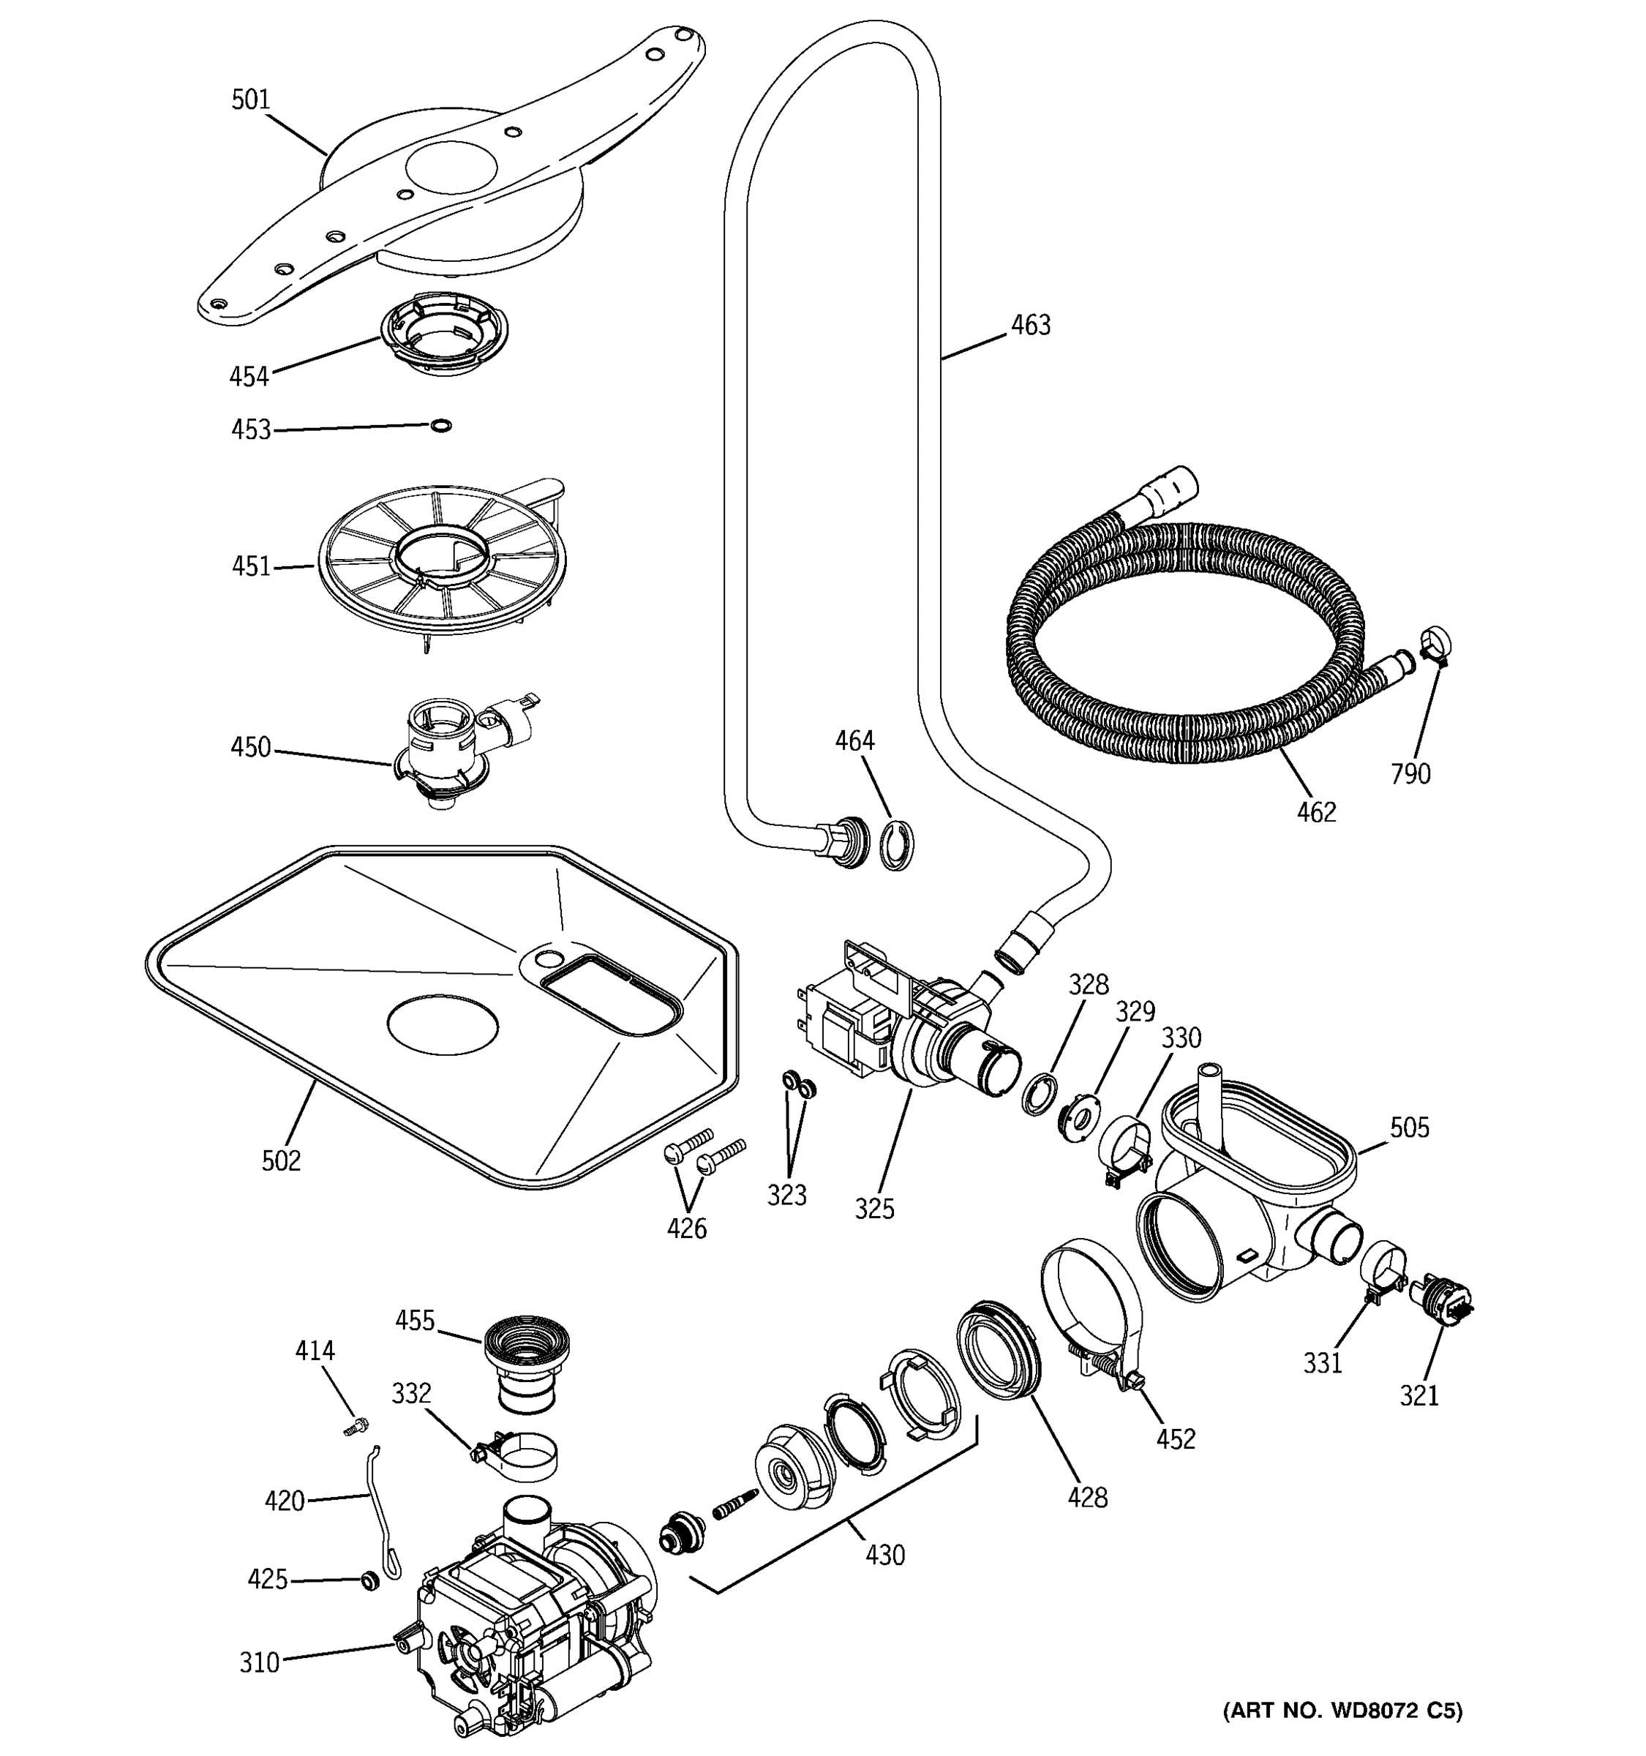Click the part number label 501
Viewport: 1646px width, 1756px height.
[250, 100]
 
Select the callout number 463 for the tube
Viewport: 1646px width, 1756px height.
[1031, 325]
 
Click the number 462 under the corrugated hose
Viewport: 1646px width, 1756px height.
[1316, 811]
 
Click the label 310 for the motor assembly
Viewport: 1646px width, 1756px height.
[260, 1662]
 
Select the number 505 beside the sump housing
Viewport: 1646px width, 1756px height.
[1408, 1127]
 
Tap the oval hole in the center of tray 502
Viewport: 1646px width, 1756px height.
[443, 1024]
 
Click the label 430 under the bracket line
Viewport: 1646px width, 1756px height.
[884, 1555]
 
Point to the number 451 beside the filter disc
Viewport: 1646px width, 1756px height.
[251, 566]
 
